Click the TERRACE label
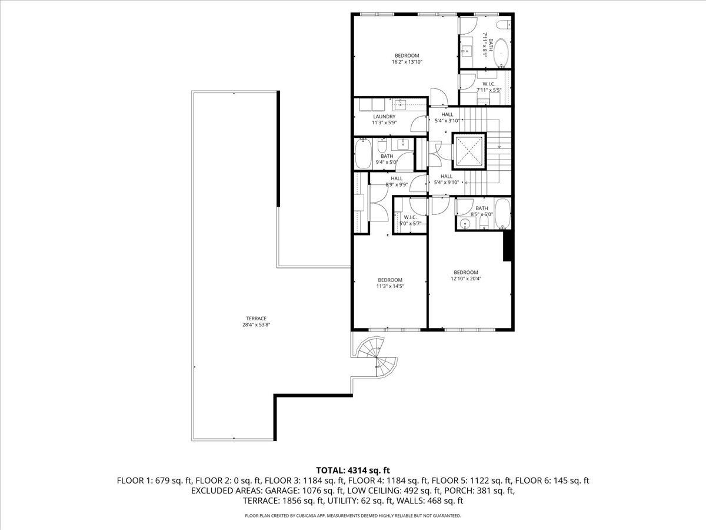point(248,319)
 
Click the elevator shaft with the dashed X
point(469,151)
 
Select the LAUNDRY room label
point(383,117)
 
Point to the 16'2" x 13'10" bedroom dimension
point(407,62)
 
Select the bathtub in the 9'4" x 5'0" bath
point(362,155)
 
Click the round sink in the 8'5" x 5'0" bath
point(465,223)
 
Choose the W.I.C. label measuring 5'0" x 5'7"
point(410,217)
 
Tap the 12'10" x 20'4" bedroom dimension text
point(465,279)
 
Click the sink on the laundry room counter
point(401,105)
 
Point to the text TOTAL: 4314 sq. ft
point(353,470)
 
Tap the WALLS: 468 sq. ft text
point(435,501)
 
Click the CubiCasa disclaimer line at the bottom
point(353,516)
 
